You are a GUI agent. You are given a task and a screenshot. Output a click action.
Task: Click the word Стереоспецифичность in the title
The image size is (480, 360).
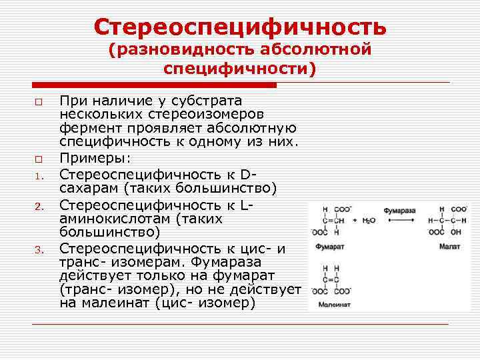click(x=240, y=27)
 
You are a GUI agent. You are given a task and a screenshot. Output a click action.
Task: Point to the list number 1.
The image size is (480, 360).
click(x=39, y=177)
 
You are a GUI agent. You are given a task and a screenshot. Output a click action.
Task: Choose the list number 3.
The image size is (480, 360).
click(x=39, y=251)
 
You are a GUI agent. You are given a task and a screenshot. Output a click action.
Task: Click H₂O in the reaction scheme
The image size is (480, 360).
click(x=367, y=219)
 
